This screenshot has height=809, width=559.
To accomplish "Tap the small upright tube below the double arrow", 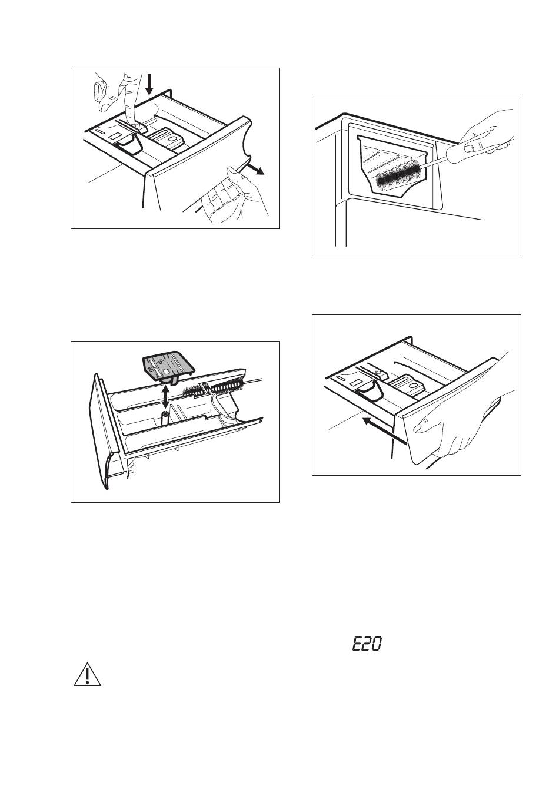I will (x=165, y=417).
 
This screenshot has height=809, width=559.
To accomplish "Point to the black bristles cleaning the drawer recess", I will (x=398, y=173).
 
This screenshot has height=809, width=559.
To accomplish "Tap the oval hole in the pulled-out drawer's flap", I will (x=175, y=140).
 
